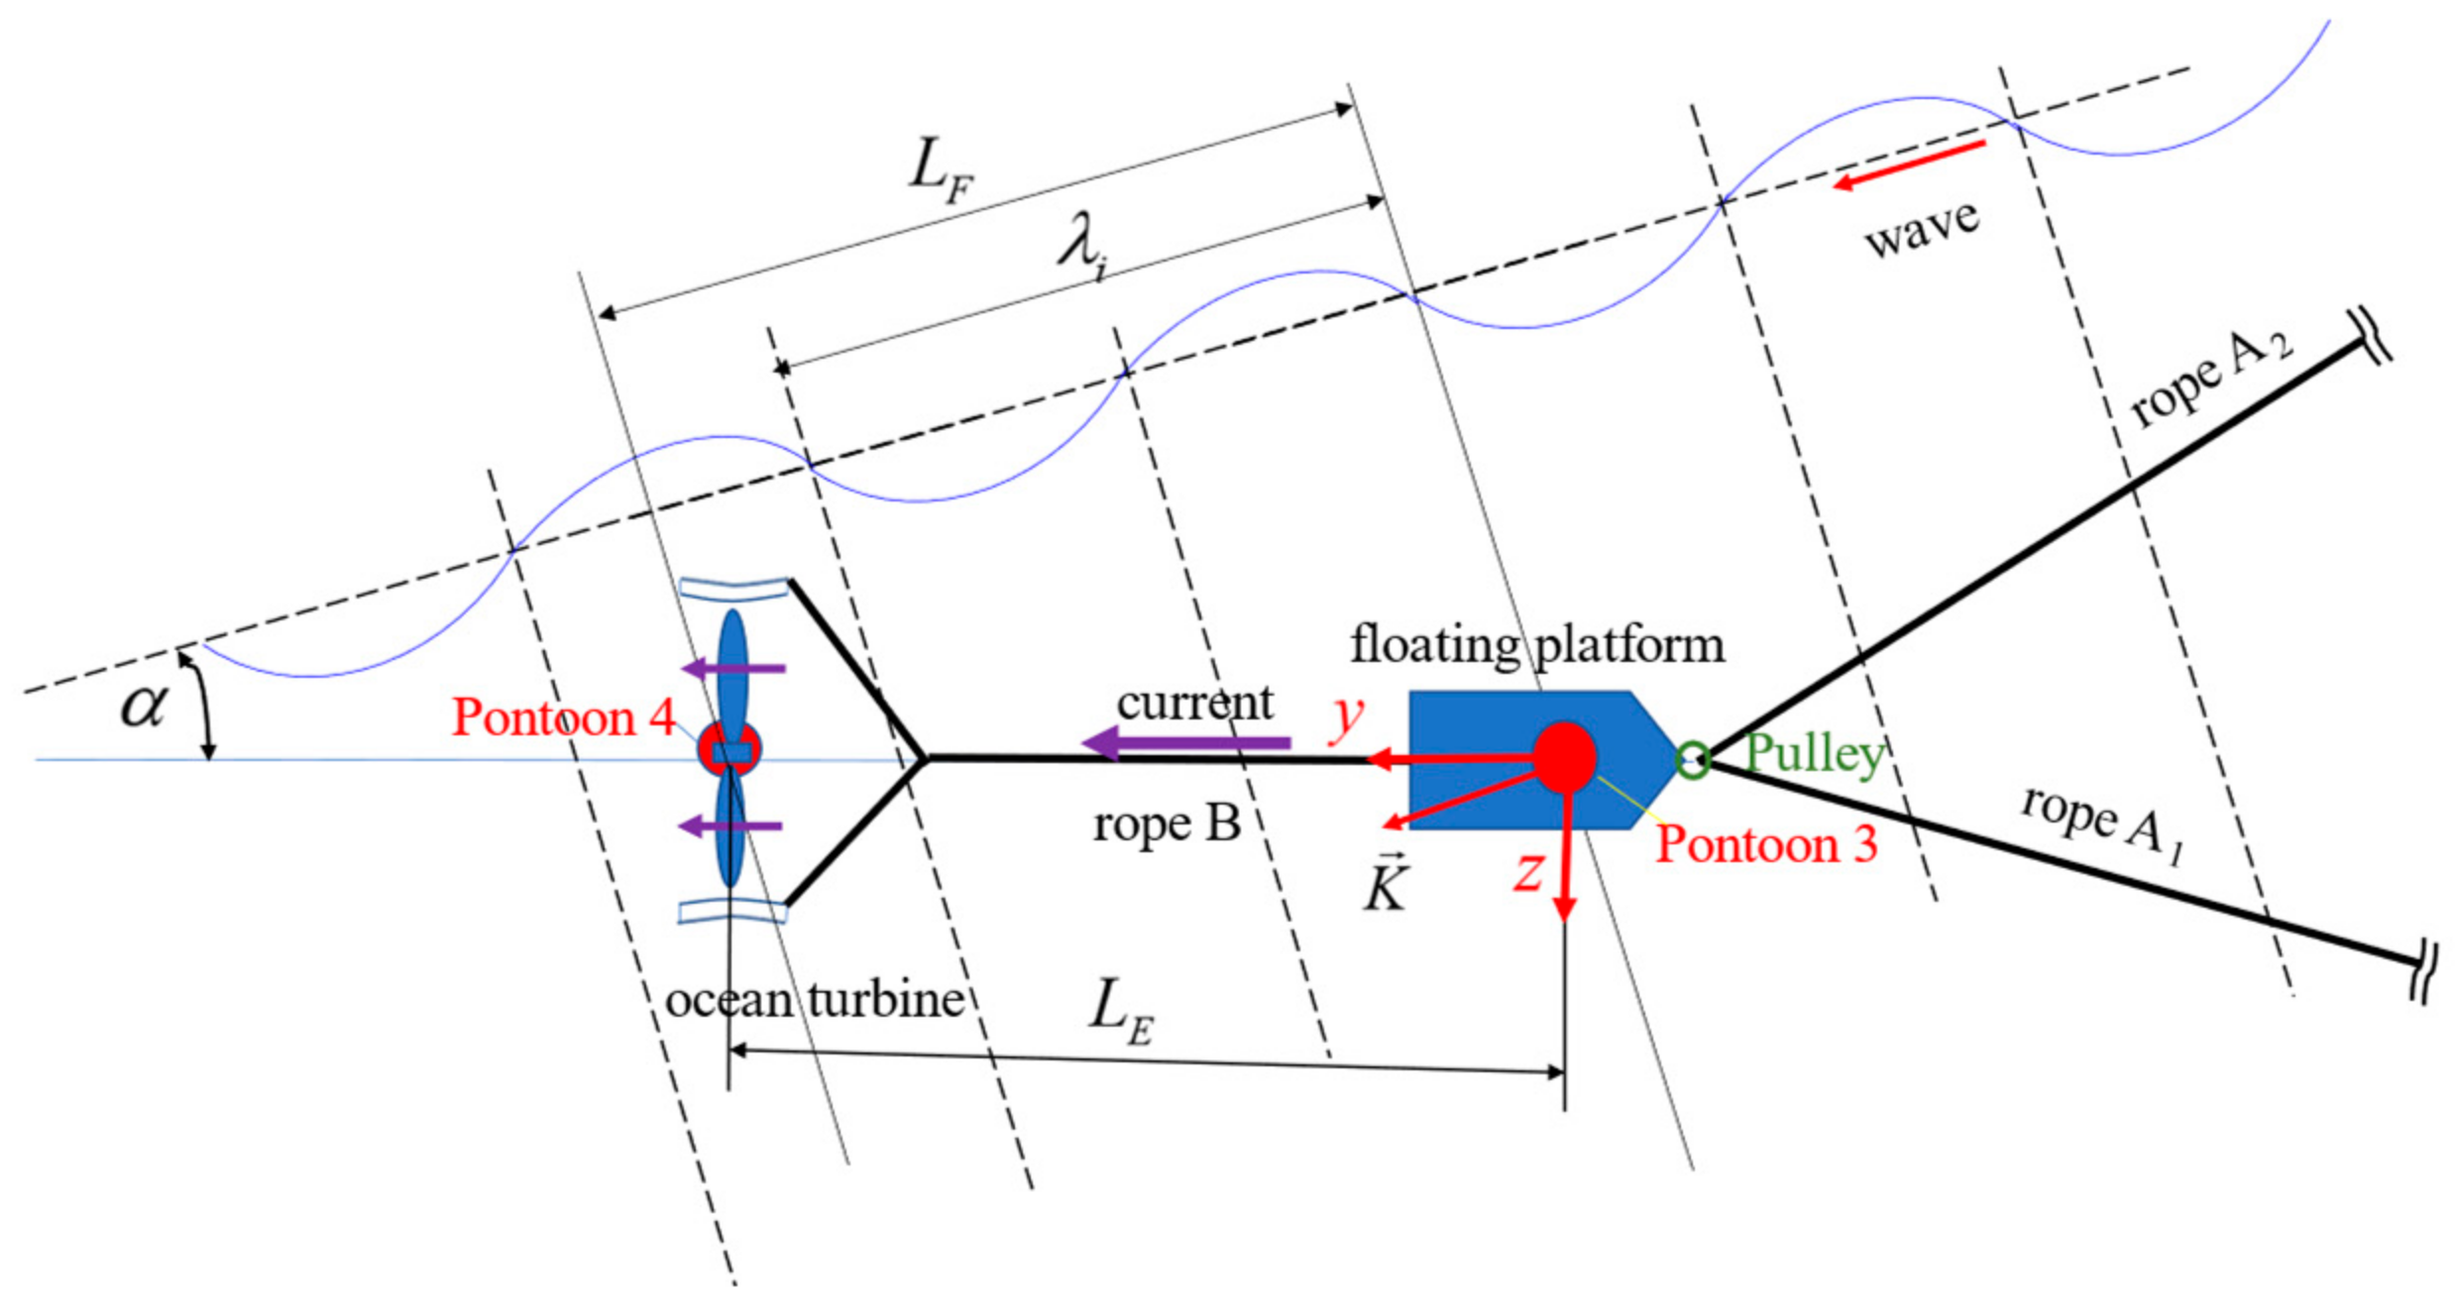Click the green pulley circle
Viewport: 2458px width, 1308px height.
[x=1692, y=760]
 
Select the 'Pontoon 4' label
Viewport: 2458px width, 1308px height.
[x=563, y=716]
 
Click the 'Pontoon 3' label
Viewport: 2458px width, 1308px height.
[x=1767, y=844]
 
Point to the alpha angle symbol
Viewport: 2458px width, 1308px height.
[x=144, y=706]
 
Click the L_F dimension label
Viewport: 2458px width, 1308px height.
[x=941, y=169]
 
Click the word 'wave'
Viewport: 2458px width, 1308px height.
[x=1922, y=229]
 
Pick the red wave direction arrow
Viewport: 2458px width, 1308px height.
[x=1909, y=164]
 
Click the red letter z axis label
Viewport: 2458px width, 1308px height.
[x=1529, y=871]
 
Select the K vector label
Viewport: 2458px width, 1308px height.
[x=1386, y=884]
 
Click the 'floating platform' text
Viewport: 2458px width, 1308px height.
[x=1537, y=645]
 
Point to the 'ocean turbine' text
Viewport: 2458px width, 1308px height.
[x=815, y=1000]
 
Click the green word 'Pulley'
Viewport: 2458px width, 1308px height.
[x=1815, y=753]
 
